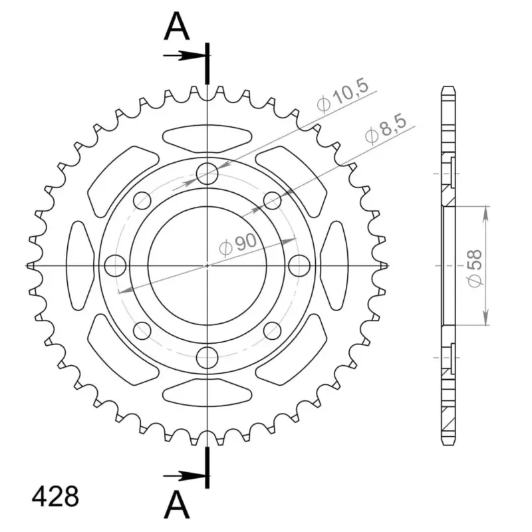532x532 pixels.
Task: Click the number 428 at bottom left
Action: (x=55, y=497)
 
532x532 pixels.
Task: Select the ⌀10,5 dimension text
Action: (x=342, y=96)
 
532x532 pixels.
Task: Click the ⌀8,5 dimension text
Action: (x=386, y=130)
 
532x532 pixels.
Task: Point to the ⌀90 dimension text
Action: (x=238, y=245)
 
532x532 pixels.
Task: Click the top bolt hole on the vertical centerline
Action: (x=207, y=174)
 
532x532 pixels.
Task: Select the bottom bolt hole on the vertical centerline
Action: (x=207, y=357)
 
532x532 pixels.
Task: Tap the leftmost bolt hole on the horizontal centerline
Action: (x=115, y=265)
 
